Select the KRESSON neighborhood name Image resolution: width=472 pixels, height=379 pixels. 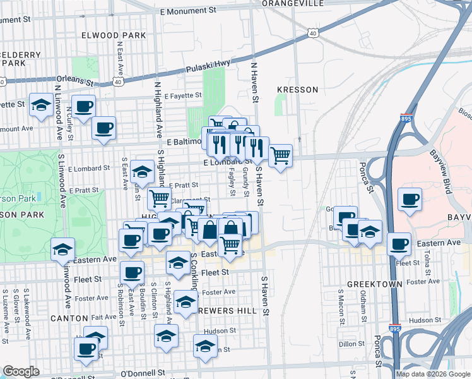click(297, 90)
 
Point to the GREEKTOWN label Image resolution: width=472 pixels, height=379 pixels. click(375, 284)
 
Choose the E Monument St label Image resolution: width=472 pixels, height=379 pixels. click(188, 11)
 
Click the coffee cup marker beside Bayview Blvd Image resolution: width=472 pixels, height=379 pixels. click(410, 200)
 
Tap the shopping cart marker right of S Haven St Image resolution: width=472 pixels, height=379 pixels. click(280, 154)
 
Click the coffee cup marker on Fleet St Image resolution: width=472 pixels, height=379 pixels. click(132, 272)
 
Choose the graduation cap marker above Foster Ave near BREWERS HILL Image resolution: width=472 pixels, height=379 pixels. click(185, 301)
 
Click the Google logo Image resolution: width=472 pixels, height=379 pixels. click(20, 371)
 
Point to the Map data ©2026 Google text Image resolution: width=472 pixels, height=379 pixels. click(432, 373)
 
